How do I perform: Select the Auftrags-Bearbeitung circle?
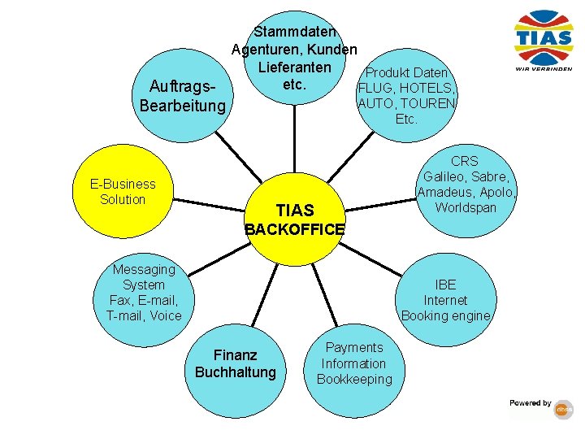[x=182, y=96]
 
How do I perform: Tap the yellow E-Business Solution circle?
[x=123, y=192]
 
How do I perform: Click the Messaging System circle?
[x=144, y=292]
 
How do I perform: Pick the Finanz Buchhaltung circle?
[x=236, y=363]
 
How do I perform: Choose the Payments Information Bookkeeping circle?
[x=353, y=363]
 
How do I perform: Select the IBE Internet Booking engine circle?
[x=445, y=299]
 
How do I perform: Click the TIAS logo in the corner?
[x=544, y=40]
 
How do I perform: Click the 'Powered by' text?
[x=531, y=403]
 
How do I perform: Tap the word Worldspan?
[x=465, y=207]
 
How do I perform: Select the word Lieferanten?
[x=294, y=66]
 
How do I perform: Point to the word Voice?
[x=166, y=315]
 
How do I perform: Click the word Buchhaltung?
[x=236, y=372]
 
